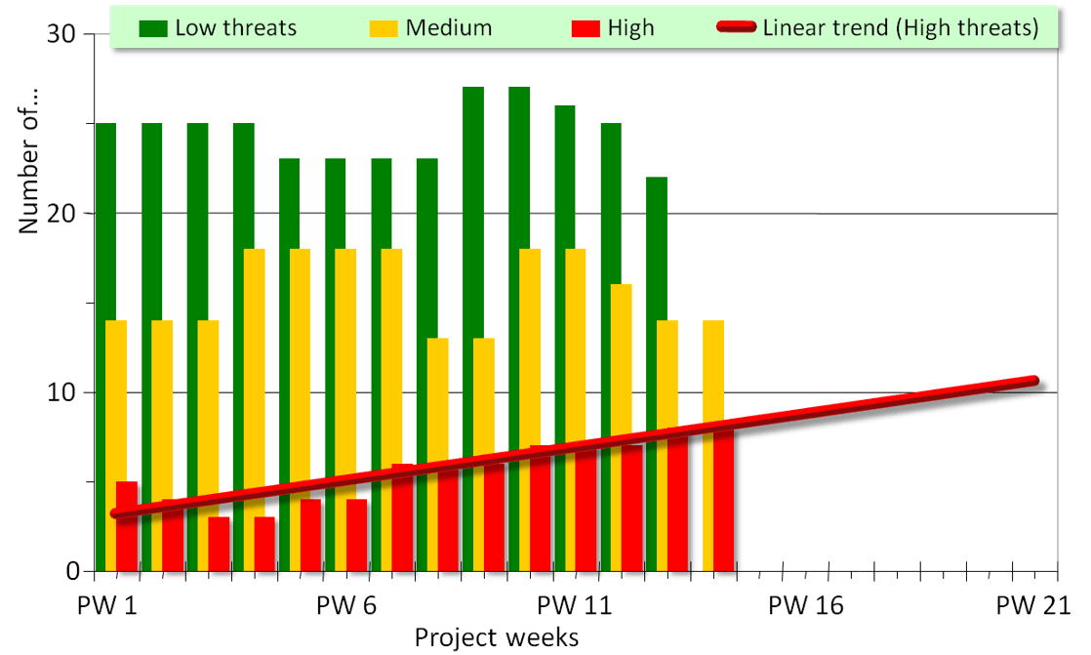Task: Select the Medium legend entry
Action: (x=429, y=27)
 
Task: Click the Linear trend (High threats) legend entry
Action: (x=879, y=27)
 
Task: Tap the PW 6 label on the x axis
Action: (x=346, y=606)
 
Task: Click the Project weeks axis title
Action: (x=497, y=637)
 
